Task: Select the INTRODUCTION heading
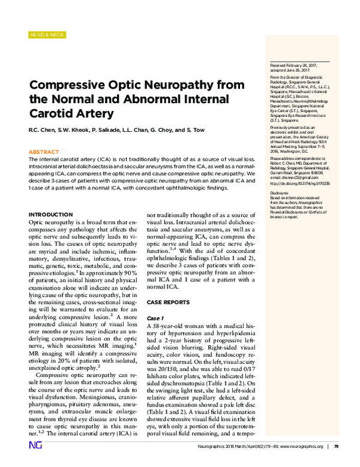click(x=51, y=214)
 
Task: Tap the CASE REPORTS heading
click(x=169, y=302)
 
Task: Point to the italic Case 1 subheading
click(x=155, y=317)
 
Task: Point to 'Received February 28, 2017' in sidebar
click(x=287, y=65)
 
